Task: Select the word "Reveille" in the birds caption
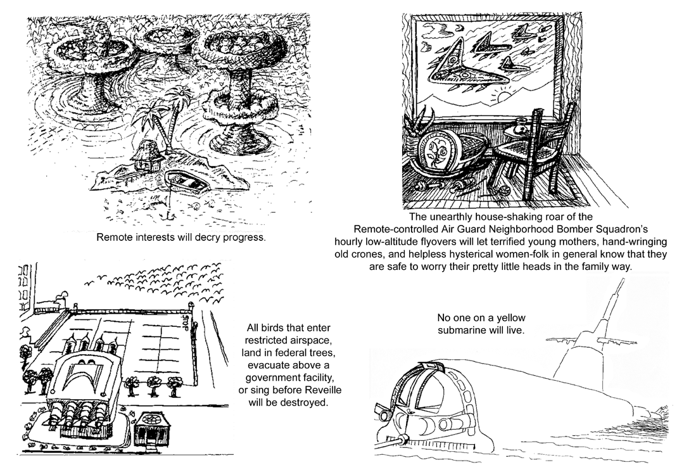[x=307, y=388]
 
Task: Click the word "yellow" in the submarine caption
[x=505, y=317]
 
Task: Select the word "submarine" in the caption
[x=466, y=330]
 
